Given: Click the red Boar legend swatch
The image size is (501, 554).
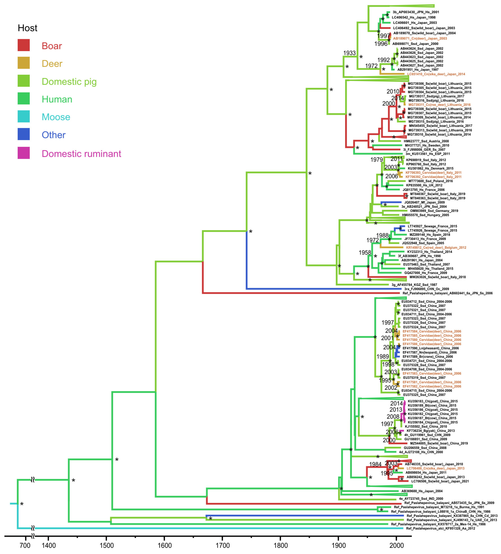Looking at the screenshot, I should (x=24, y=45).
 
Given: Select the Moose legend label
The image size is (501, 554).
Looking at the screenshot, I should (x=56, y=117).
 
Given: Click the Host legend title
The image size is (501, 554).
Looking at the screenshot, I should (x=27, y=28).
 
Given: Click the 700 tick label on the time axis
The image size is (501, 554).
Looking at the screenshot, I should (x=25, y=545).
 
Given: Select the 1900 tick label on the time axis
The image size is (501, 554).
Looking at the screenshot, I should (x=338, y=545).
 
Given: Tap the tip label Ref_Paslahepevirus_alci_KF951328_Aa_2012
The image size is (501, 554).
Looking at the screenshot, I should (x=440, y=528).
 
